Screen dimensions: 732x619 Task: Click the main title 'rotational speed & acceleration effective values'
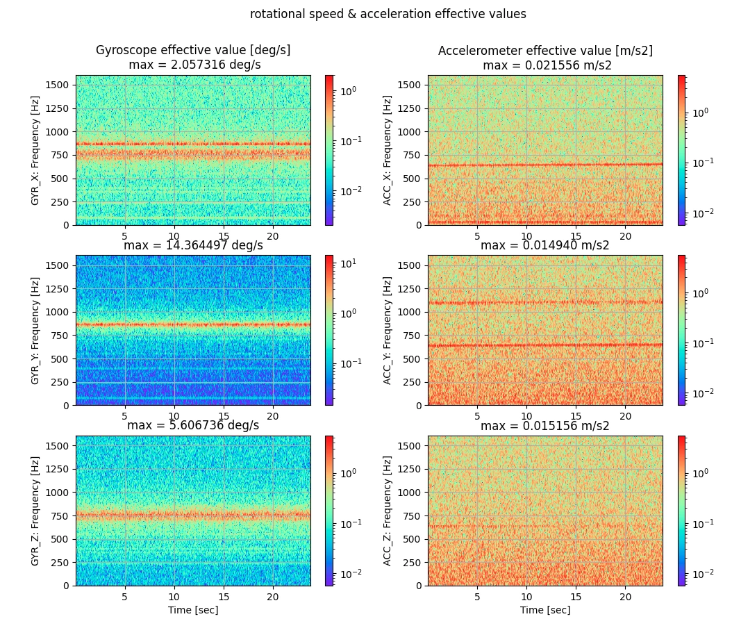[388, 14]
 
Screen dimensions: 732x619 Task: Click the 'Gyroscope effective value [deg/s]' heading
[193, 50]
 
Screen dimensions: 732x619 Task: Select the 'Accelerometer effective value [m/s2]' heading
[545, 51]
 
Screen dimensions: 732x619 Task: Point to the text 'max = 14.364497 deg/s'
[193, 245]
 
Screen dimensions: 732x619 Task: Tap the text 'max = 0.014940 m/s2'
[544, 245]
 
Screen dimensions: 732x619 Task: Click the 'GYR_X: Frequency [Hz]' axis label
[35, 150]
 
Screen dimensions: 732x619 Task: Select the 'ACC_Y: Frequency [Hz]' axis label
[387, 331]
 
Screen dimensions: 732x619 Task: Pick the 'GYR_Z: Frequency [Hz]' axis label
[35, 511]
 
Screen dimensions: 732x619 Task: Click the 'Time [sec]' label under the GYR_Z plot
[193, 610]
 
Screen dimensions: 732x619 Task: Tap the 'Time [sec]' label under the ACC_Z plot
[545, 610]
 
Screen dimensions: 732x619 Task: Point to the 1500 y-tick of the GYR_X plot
[57, 85]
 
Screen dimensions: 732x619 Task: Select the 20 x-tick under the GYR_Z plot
[273, 597]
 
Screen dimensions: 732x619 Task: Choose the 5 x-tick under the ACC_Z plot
[477, 597]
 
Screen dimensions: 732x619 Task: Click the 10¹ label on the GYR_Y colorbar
[348, 263]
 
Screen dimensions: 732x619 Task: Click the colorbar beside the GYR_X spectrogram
[329, 150]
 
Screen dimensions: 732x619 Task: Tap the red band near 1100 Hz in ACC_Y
[545, 302]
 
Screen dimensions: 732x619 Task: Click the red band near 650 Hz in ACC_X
[545, 165]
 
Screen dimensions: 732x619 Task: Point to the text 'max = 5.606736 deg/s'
[193, 425]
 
